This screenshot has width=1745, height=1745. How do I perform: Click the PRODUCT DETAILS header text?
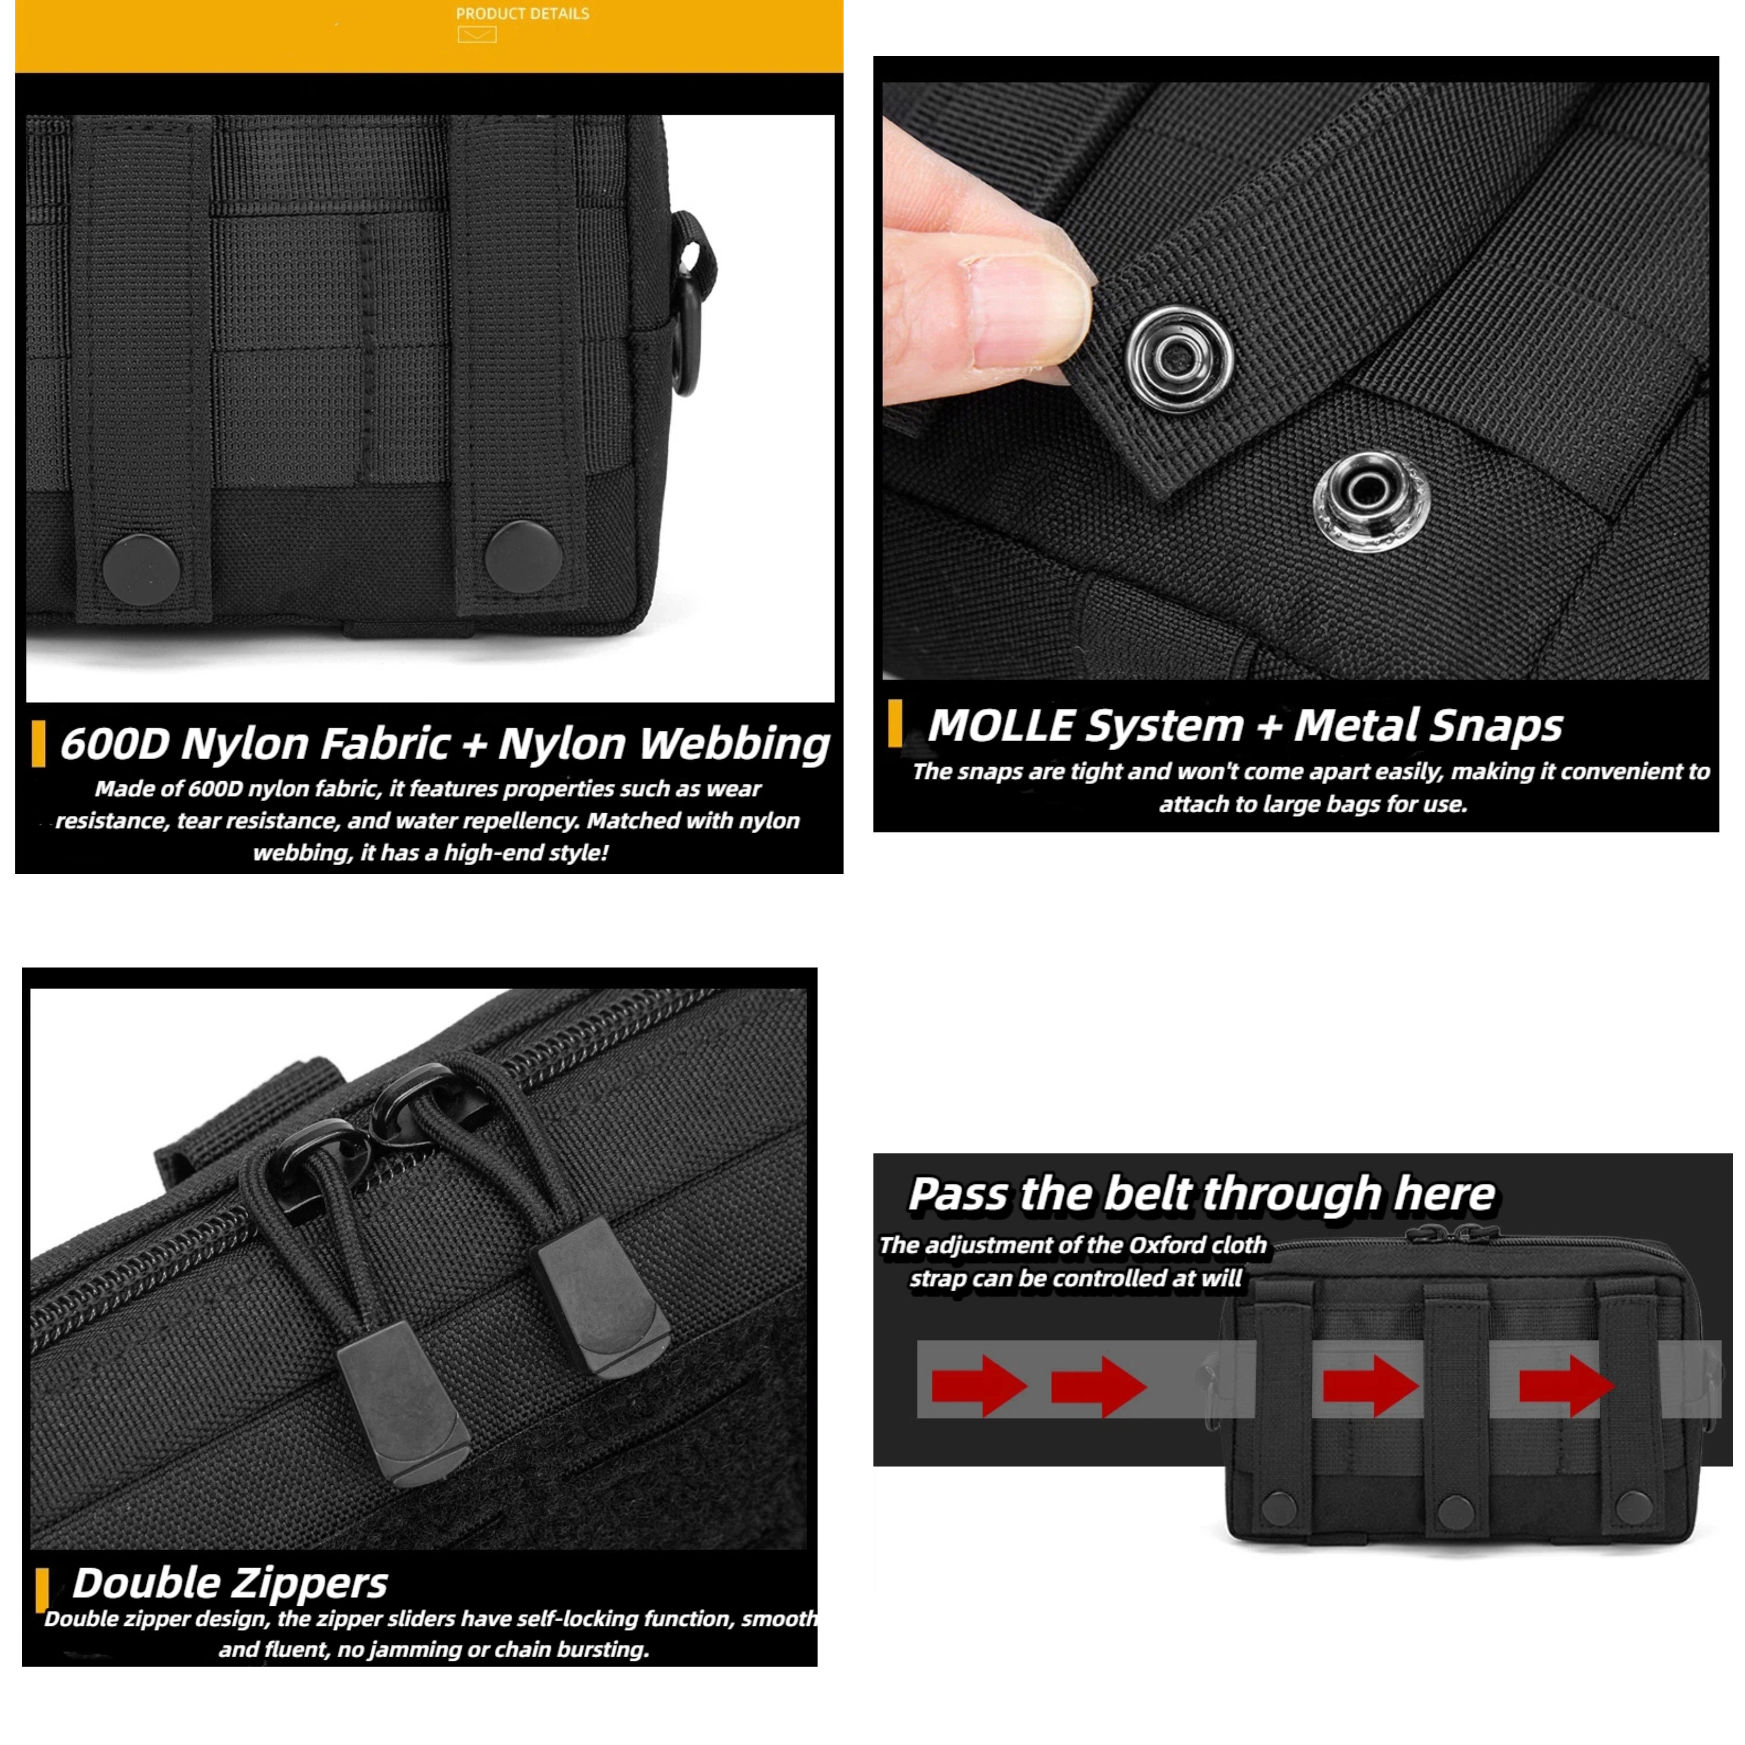click(x=522, y=14)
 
